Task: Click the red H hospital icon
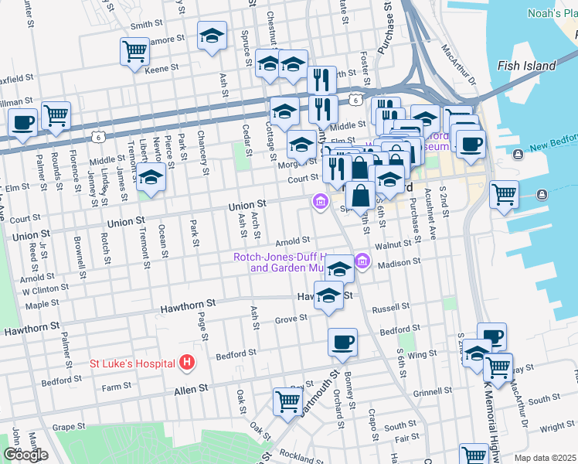click(x=185, y=362)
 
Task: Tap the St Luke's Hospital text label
click(x=132, y=362)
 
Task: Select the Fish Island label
click(x=527, y=66)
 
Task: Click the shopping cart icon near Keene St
click(x=134, y=52)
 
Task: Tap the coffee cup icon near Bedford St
click(x=342, y=341)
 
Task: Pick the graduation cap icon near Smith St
click(x=211, y=36)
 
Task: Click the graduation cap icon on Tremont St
click(x=151, y=176)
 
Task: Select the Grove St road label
click(x=291, y=318)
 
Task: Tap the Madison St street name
click(x=399, y=262)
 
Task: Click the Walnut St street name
click(x=393, y=244)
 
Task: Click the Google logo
click(x=25, y=455)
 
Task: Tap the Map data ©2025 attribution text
click(x=545, y=458)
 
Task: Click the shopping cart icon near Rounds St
click(x=56, y=115)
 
